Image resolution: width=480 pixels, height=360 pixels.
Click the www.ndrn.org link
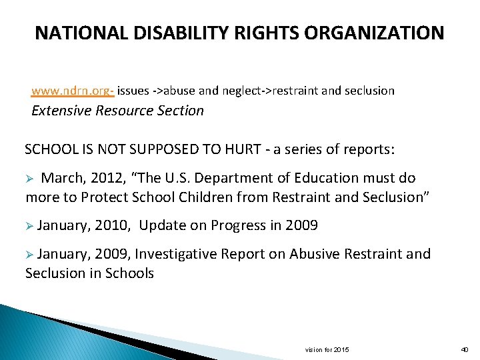[x=72, y=90]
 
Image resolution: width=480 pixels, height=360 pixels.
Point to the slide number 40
[x=465, y=350]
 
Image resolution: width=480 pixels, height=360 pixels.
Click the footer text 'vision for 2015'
[x=327, y=350]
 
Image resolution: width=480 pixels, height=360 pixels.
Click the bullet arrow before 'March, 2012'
[x=29, y=179]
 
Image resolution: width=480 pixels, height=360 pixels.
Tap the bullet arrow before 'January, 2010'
[x=29, y=226]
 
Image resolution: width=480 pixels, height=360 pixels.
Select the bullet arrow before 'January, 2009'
[x=29, y=254]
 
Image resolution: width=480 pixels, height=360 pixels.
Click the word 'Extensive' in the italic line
[x=61, y=111]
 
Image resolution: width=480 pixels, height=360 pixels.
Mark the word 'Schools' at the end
[x=131, y=273]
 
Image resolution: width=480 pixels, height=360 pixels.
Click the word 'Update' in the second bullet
[x=162, y=225]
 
